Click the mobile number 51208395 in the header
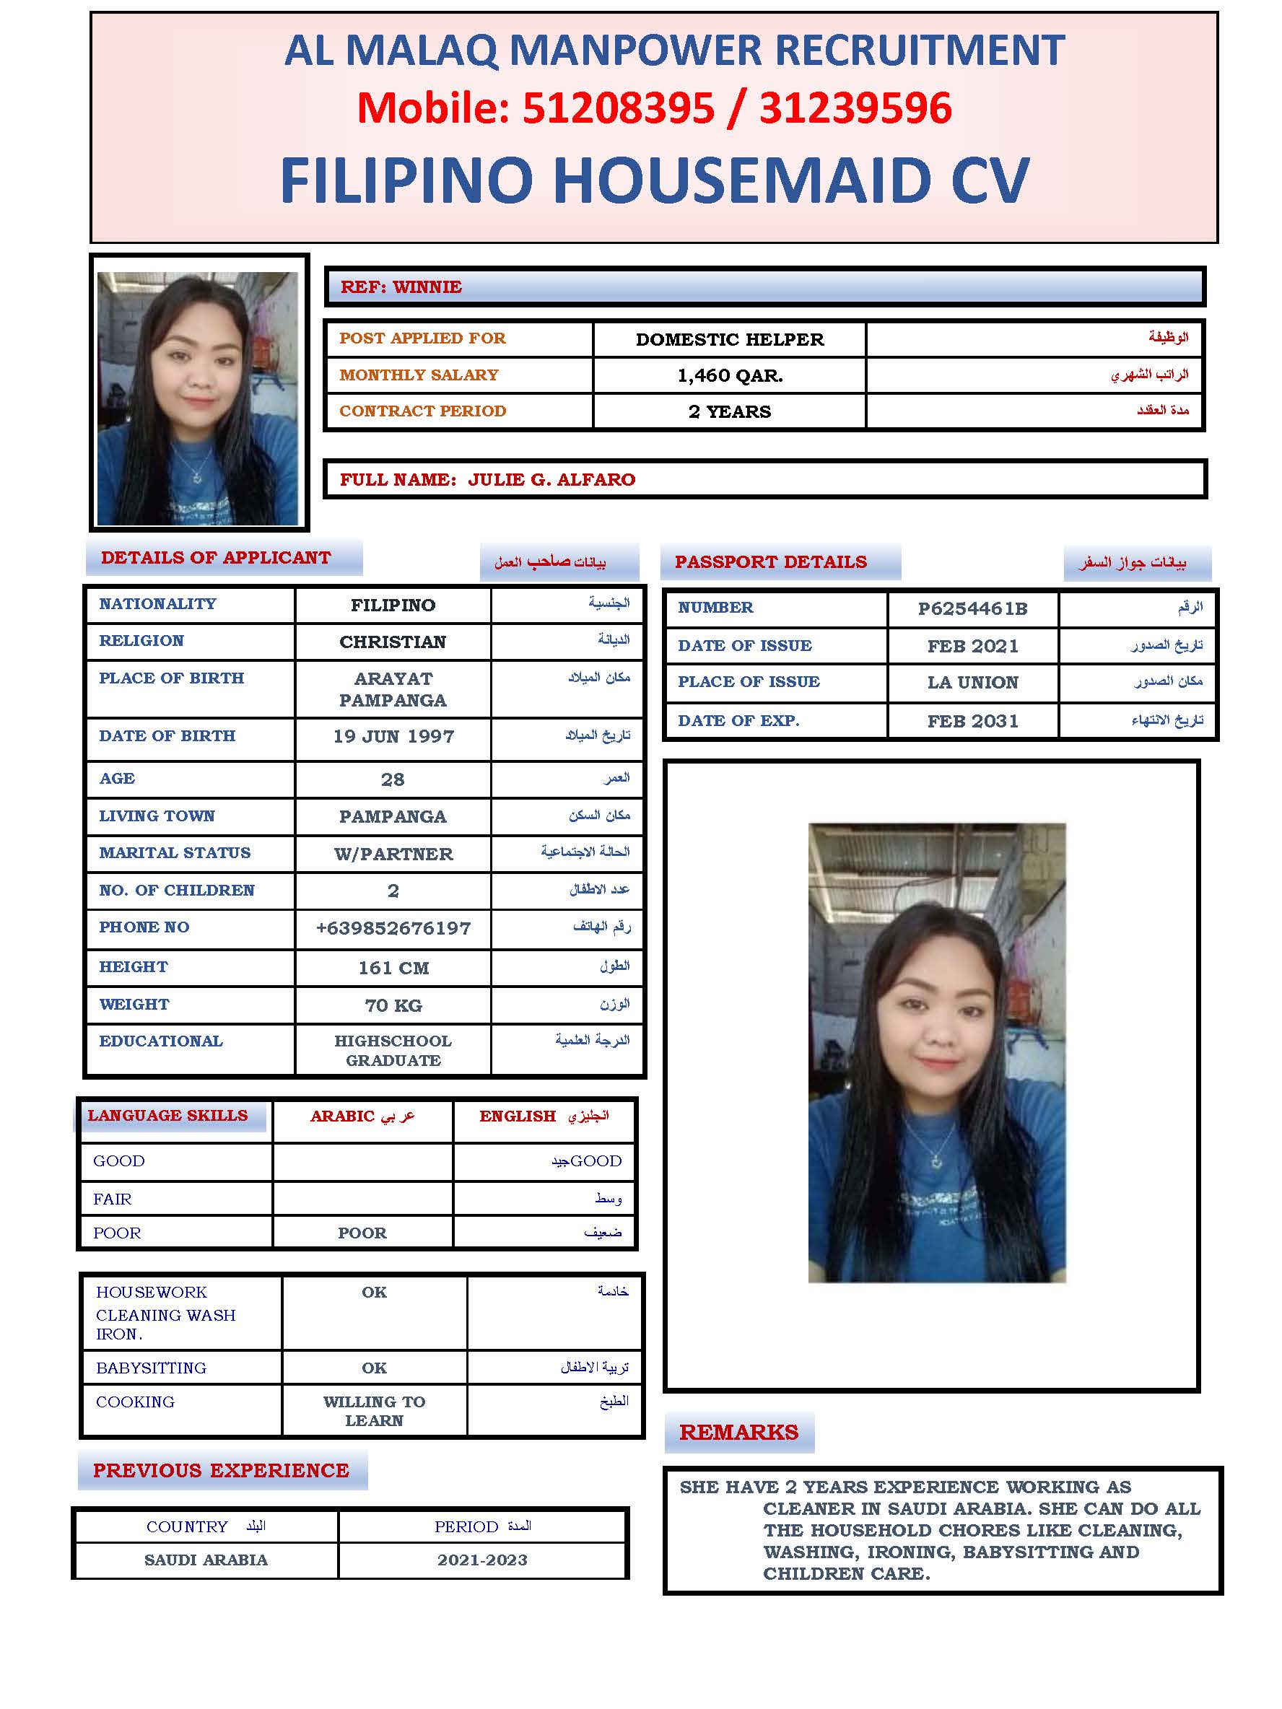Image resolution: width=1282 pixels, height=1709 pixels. point(617,108)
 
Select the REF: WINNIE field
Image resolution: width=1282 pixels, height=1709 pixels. point(401,287)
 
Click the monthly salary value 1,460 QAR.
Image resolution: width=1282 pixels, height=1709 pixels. point(730,375)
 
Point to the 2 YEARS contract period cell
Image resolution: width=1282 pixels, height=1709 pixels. point(730,412)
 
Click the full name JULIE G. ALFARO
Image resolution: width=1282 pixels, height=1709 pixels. point(551,480)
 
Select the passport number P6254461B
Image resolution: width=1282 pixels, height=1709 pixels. point(972,609)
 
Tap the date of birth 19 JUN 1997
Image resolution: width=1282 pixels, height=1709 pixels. point(393,736)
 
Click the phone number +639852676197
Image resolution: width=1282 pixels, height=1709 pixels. point(393,928)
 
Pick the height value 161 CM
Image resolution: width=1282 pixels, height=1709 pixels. point(393,968)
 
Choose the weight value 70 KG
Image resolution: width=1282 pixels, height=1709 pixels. point(393,1005)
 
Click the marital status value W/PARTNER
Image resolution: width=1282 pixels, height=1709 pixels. point(393,854)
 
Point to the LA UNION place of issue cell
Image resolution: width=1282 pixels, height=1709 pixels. point(972,682)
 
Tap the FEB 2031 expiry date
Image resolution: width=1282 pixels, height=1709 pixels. point(972,721)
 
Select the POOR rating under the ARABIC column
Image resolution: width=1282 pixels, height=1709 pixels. point(362,1233)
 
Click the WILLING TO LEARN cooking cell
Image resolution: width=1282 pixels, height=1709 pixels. point(374,1411)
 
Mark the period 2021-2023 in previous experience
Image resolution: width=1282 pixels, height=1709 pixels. point(482,1560)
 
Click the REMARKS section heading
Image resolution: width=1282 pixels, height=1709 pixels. point(738,1433)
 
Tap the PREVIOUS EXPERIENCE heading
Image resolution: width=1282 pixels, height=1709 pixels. point(221,1470)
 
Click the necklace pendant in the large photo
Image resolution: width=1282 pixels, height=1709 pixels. point(936,1161)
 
